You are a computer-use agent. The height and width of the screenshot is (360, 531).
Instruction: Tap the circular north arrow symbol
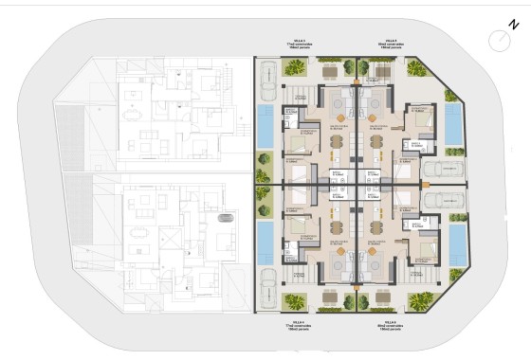pos(498,40)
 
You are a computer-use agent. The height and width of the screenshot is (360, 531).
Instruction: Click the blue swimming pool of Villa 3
pos(265,126)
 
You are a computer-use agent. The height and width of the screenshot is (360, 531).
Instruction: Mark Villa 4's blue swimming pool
pos(265,243)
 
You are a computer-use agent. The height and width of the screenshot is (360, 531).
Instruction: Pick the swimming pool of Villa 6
pos(458,243)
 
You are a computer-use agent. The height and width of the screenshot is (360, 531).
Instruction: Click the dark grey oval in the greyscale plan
pos(226,218)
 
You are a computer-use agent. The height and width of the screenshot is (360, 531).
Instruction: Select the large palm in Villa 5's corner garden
pos(418,68)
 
